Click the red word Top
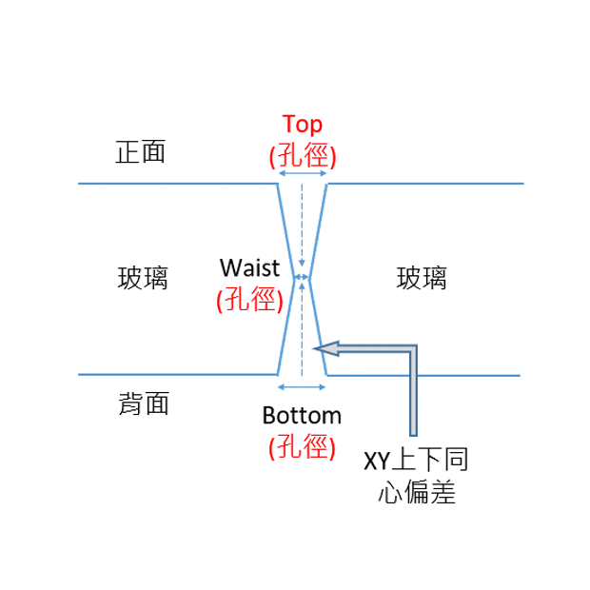pos(303,125)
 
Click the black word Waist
pos(250,266)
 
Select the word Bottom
pos(302,416)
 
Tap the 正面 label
pos(141,152)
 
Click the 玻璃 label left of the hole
pos(143,278)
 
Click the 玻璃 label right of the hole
pos(422,278)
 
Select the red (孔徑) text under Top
pos(303,155)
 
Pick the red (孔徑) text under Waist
pos(250,300)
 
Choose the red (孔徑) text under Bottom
pos(302,446)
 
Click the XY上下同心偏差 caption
pos(417,476)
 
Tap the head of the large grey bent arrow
pos(326,346)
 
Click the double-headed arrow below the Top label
pos(303,173)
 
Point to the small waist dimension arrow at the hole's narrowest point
pos(302,278)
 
